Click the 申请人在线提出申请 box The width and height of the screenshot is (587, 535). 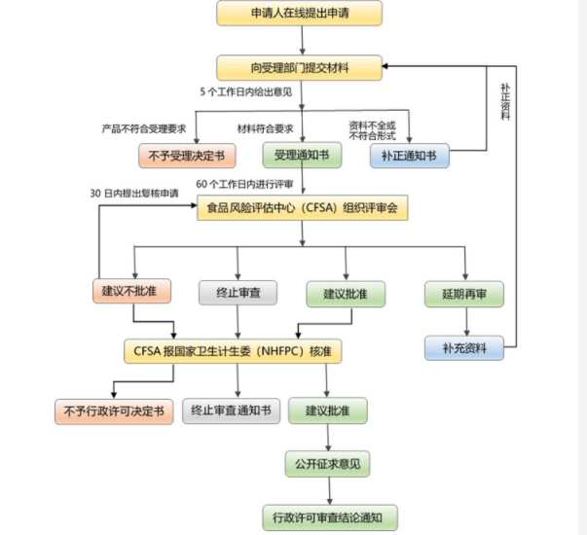300,14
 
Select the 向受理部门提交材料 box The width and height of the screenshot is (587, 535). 300,67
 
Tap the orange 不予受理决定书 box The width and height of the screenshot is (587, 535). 186,155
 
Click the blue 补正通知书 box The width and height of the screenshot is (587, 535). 410,155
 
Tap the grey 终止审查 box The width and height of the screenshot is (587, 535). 238,292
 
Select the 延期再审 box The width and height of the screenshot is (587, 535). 463,292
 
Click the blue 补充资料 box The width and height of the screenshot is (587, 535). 463,347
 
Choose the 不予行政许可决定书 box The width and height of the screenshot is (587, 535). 114,410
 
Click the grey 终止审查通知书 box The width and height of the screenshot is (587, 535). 232,410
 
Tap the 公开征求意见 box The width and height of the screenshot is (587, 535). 327,464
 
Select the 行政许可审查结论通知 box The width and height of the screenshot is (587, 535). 329,517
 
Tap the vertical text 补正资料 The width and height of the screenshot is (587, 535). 505,101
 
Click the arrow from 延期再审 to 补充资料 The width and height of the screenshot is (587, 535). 465,320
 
